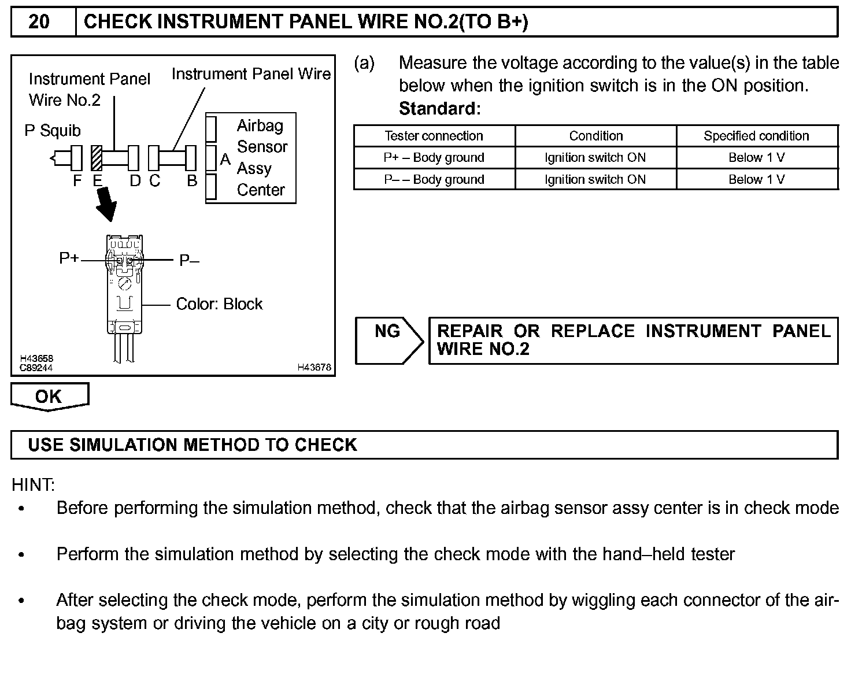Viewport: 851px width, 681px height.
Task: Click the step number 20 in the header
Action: (39, 22)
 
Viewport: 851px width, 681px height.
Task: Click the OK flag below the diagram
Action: (49, 397)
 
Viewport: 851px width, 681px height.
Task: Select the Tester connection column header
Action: (434, 136)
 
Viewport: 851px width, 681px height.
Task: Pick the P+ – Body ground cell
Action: (434, 158)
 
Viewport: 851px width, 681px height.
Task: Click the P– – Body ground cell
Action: (434, 180)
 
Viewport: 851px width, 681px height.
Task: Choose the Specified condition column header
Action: (756, 136)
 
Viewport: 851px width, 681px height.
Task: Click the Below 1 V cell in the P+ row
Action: (756, 158)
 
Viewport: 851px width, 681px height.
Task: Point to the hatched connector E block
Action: (97, 157)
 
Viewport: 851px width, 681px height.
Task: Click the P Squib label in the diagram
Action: (53, 131)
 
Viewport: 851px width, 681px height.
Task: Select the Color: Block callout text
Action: (219, 304)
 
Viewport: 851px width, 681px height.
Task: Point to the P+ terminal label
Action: (69, 258)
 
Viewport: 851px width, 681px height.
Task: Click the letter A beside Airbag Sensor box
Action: (225, 160)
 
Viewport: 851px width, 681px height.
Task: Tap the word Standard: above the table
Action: (440, 109)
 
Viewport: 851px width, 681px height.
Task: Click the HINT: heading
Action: (34, 484)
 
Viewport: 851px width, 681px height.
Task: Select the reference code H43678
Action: (314, 367)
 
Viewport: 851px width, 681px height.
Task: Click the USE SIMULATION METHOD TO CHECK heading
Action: (193, 445)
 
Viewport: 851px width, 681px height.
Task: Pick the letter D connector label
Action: (135, 181)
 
